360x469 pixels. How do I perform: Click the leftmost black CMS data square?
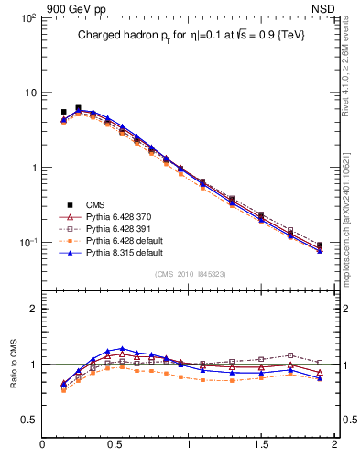(x=63, y=112)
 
